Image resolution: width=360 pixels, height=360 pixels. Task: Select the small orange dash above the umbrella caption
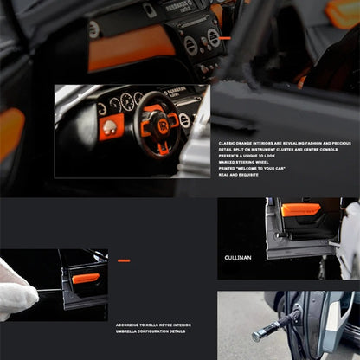[x=124, y=260]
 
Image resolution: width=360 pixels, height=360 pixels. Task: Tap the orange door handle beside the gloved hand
[x=86, y=279]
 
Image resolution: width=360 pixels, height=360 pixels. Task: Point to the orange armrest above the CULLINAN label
[x=300, y=209]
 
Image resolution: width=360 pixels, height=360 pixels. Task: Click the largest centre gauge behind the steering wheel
[x=127, y=102]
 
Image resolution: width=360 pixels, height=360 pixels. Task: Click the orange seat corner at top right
[x=344, y=12]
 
